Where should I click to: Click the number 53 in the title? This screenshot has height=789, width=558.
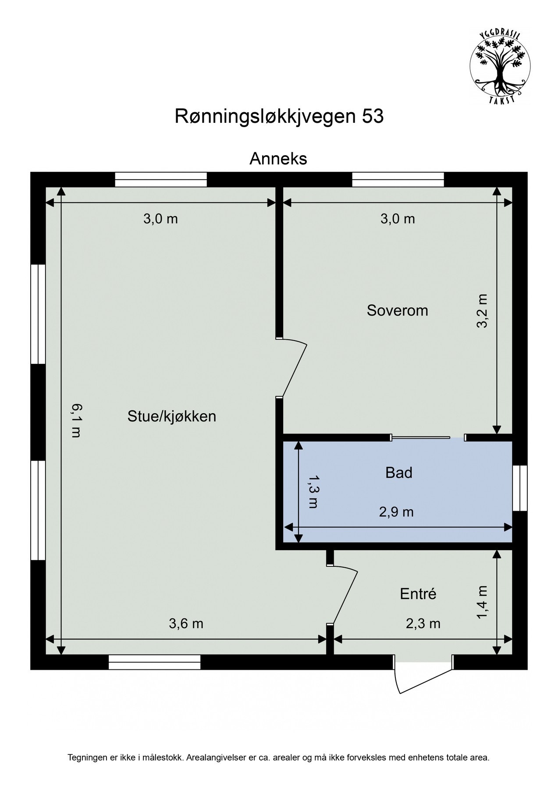[373, 117]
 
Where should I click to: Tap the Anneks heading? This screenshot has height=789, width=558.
[278, 159]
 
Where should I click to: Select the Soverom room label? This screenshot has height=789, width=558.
[397, 310]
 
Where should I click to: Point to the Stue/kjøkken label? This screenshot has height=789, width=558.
[172, 416]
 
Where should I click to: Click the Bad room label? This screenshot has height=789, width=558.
[398, 473]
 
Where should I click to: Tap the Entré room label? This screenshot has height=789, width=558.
[418, 594]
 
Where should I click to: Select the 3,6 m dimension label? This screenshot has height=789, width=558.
[186, 623]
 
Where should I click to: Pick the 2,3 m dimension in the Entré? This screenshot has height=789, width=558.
[423, 623]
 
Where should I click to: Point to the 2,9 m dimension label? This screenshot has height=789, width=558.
[396, 512]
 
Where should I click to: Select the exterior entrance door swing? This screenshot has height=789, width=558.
[423, 679]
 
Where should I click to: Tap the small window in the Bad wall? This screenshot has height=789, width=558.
[519, 488]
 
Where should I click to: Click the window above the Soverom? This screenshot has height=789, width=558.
[398, 179]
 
